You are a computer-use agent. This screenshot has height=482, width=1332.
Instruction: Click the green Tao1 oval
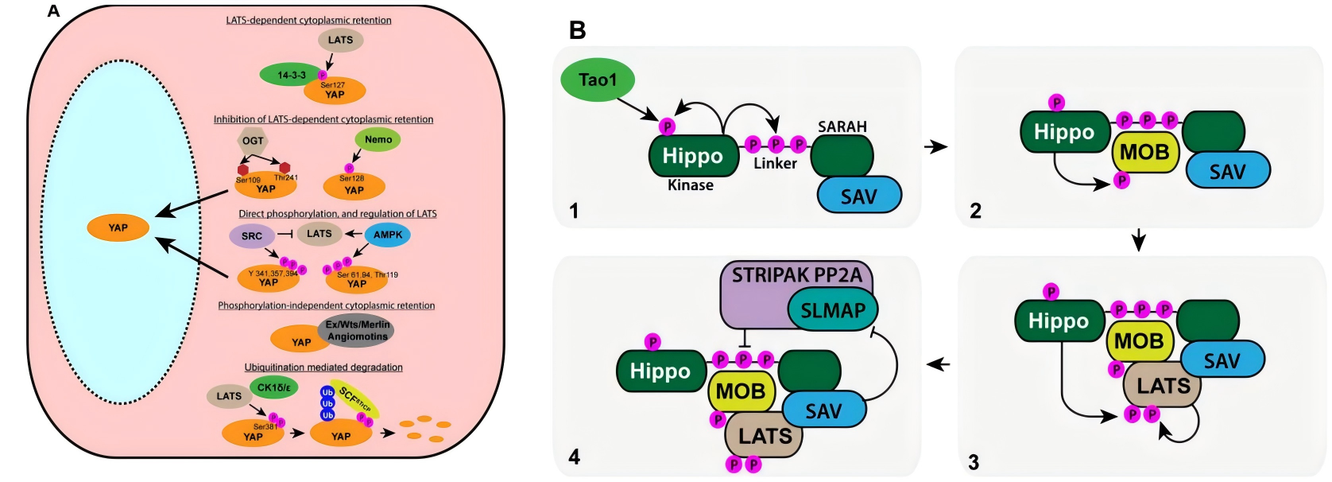[x=598, y=80]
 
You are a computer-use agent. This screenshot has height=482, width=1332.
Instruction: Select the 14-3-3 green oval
[x=291, y=75]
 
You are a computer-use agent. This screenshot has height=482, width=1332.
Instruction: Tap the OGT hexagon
[x=253, y=141]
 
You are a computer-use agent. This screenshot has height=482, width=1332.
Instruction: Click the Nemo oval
[x=378, y=139]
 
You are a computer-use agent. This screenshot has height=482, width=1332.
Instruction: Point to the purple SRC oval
[x=251, y=235]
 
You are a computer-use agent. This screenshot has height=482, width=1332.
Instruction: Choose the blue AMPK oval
[x=388, y=235]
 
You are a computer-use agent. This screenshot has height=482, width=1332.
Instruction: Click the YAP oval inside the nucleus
[x=118, y=227]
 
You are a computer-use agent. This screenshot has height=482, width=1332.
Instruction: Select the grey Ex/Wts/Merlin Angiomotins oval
[x=358, y=331]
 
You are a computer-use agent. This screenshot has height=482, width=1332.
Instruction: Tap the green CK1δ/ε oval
[x=274, y=388]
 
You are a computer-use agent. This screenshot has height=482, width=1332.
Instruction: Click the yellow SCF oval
[x=355, y=400]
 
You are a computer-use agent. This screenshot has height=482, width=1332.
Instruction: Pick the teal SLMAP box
[x=832, y=310]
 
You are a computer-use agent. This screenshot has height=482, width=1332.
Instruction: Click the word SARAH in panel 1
[x=842, y=126]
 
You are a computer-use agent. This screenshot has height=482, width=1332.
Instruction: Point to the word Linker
[x=775, y=163]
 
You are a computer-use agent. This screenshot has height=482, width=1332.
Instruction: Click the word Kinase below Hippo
[x=690, y=185]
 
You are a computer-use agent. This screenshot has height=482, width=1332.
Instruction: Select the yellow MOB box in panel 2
[x=1144, y=152]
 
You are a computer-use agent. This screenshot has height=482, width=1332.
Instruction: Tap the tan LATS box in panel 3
[x=1163, y=386]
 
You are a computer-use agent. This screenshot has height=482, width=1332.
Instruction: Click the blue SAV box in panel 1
[x=858, y=196]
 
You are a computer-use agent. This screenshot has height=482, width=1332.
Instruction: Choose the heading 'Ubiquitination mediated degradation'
[x=323, y=367]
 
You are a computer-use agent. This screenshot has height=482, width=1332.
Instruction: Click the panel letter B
[x=578, y=30]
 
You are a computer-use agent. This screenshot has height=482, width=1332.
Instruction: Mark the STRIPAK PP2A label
[x=796, y=275]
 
